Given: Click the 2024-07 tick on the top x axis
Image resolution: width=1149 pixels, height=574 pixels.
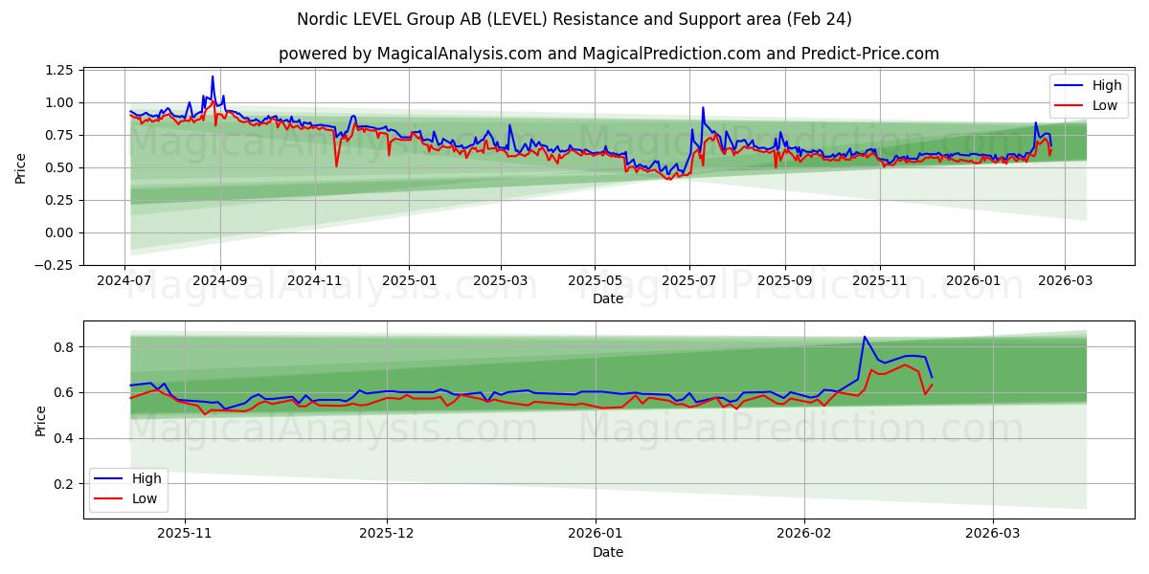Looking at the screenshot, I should pyautogui.click(x=124, y=281).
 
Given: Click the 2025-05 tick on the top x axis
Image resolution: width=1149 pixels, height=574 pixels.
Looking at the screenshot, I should pyautogui.click(x=595, y=281).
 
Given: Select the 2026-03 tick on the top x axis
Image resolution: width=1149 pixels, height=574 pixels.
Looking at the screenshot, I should pyautogui.click(x=1066, y=281).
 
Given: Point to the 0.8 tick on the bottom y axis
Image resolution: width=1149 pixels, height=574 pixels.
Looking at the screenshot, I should pyautogui.click(x=63, y=346).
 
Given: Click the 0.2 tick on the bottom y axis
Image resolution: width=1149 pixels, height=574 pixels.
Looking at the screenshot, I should pyautogui.click(x=63, y=484).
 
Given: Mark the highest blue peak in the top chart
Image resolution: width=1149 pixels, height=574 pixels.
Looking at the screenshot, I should pyautogui.click(x=213, y=77).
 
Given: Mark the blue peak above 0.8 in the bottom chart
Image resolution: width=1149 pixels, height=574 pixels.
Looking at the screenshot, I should pyautogui.click(x=865, y=337).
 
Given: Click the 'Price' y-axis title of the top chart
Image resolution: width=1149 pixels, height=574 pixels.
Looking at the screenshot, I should pyautogui.click(x=21, y=167).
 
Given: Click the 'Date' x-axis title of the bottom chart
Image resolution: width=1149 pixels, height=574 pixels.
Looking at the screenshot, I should pyautogui.click(x=608, y=552).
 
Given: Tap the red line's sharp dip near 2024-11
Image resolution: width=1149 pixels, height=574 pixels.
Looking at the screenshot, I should pyautogui.click(x=336, y=166).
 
